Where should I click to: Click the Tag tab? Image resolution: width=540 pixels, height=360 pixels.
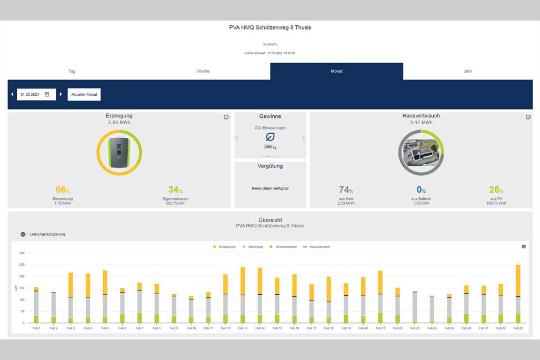(x=72, y=71)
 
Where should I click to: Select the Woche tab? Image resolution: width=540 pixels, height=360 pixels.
(x=203, y=71)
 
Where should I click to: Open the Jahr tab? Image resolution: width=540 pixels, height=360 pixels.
(x=467, y=71)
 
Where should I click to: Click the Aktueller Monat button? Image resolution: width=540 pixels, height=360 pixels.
(x=84, y=94)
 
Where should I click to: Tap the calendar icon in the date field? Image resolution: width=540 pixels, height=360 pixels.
(x=47, y=94)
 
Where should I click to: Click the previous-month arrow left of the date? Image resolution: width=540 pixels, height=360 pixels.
(x=12, y=94)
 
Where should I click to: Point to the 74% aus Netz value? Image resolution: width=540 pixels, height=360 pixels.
(x=345, y=190)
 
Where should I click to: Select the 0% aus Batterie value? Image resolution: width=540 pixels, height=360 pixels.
(x=421, y=190)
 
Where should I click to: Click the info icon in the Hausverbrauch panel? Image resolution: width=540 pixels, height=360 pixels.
(x=528, y=117)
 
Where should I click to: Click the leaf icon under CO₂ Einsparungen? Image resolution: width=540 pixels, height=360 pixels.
(x=270, y=137)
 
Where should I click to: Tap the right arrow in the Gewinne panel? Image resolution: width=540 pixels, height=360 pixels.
(x=303, y=138)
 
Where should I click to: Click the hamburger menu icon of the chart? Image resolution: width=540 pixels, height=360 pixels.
(x=524, y=246)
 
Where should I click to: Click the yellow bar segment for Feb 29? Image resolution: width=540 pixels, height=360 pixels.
(x=518, y=281)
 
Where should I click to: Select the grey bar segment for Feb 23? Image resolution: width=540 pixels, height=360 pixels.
(x=415, y=306)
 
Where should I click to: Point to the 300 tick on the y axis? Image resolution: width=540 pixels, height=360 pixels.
(x=22, y=253)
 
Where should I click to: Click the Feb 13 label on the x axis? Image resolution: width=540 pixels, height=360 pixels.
(x=243, y=328)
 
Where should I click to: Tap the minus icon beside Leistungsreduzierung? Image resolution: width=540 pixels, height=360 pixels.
(x=23, y=234)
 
